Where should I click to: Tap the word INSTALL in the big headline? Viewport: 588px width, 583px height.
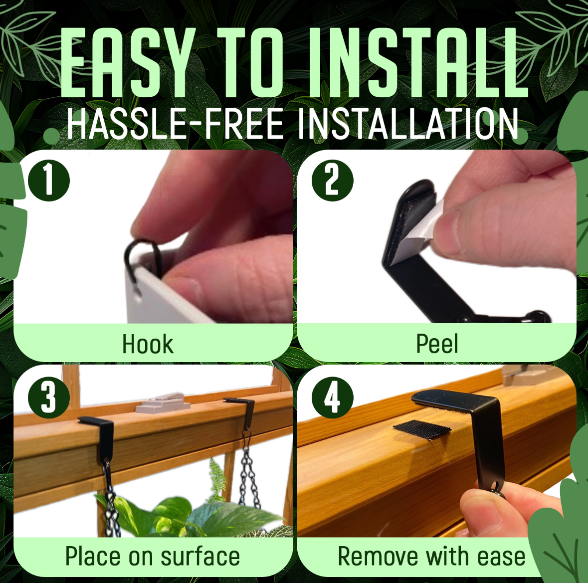pyautogui.click(x=419, y=62)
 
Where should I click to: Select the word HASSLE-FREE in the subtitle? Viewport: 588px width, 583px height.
pyautogui.click(x=176, y=123)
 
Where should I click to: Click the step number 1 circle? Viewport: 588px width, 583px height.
pyautogui.click(x=49, y=181)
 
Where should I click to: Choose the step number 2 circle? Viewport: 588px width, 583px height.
pyautogui.click(x=332, y=181)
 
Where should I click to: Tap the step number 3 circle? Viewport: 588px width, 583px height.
pyautogui.click(x=49, y=398)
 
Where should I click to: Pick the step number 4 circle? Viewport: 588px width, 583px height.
pyautogui.click(x=332, y=398)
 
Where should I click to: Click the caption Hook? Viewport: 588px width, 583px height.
pyautogui.click(x=148, y=344)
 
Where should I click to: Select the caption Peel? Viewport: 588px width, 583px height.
pyautogui.click(x=437, y=344)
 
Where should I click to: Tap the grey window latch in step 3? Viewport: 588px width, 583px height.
pyautogui.click(x=163, y=402)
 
